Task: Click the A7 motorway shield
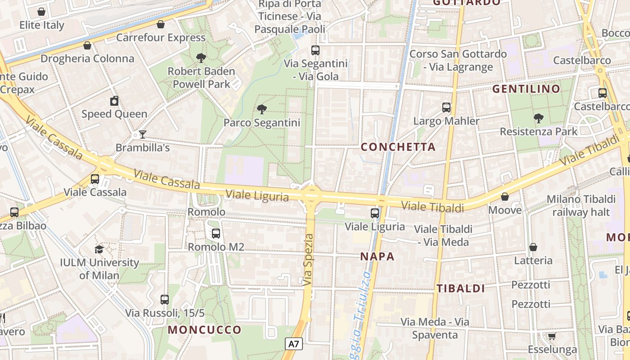tap(294, 344)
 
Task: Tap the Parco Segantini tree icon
tap(261, 109)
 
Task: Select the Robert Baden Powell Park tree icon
tap(201, 58)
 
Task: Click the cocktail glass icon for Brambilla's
tap(143, 134)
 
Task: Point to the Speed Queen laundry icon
tap(114, 101)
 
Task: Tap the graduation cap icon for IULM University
tap(99, 249)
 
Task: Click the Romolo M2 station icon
tap(216, 234)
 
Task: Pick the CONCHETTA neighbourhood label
tap(398, 147)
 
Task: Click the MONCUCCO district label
tap(205, 330)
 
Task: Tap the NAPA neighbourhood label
tap(377, 257)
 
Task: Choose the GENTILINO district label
tap(526, 89)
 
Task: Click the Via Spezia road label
tap(309, 260)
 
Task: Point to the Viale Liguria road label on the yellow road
tap(257, 196)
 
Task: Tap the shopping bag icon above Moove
tap(505, 197)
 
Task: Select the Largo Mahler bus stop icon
tap(446, 108)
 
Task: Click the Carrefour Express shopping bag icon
tap(161, 24)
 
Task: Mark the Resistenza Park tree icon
tap(539, 118)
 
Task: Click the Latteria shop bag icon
tap(533, 247)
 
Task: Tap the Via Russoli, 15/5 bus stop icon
tap(165, 299)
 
